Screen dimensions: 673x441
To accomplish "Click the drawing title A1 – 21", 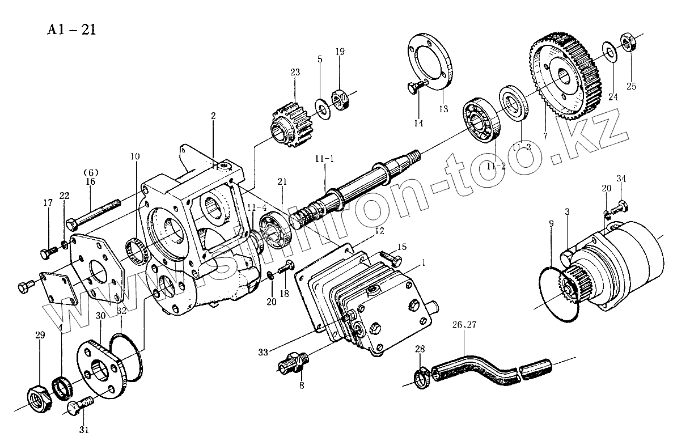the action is click(x=71, y=29).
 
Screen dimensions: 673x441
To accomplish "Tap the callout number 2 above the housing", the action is click(x=213, y=116).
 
